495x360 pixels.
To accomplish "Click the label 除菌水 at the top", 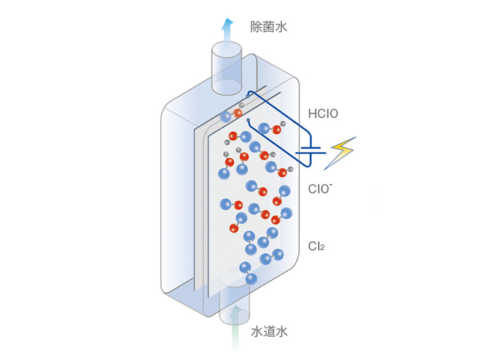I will (x=269, y=27).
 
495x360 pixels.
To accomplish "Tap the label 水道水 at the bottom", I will (x=269, y=332).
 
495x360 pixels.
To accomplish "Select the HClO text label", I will (x=323, y=113).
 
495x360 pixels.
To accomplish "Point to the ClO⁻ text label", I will (x=320, y=188).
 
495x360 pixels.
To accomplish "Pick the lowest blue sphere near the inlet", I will (x=251, y=278).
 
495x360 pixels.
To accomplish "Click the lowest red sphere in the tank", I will (x=233, y=228).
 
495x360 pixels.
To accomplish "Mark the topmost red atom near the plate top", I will (x=238, y=113).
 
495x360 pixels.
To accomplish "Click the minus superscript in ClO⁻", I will (x=331, y=183).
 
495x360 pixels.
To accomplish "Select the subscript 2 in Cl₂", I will (x=321, y=248).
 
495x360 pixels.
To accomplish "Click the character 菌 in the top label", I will (x=269, y=27).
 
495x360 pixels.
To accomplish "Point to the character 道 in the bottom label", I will (x=269, y=332).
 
